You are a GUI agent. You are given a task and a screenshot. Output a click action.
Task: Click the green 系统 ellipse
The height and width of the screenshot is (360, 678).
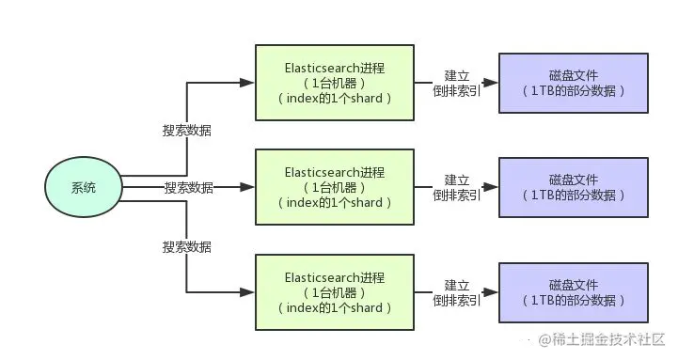pyautogui.click(x=83, y=187)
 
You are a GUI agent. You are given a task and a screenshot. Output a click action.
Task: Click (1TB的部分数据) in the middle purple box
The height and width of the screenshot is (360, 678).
pyautogui.click(x=573, y=196)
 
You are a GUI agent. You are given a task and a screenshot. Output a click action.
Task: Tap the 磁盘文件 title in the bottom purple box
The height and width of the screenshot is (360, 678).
pyautogui.click(x=573, y=285)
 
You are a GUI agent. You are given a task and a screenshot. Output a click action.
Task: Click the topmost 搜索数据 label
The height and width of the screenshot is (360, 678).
pyautogui.click(x=187, y=131)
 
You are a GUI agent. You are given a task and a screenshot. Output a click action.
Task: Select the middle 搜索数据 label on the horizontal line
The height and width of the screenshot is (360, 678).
pyautogui.click(x=187, y=188)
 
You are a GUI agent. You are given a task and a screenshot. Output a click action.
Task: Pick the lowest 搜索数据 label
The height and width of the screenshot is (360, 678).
pyautogui.click(x=187, y=246)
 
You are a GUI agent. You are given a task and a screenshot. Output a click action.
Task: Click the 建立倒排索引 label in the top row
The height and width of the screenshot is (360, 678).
pyautogui.click(x=457, y=83)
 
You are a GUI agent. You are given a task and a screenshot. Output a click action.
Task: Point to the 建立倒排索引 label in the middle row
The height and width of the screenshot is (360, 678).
pyautogui.click(x=457, y=187)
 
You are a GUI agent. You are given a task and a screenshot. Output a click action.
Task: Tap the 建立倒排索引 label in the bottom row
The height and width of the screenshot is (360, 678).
pyautogui.click(x=457, y=292)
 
